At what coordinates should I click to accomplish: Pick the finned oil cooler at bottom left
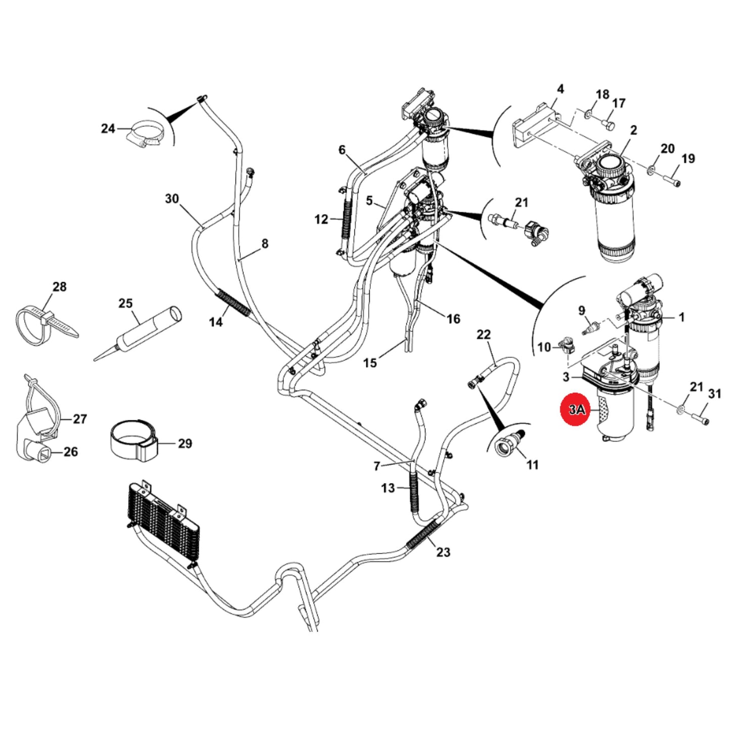click(163, 526)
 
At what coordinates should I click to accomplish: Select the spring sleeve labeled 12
click(347, 219)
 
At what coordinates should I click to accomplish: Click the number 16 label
click(453, 319)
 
